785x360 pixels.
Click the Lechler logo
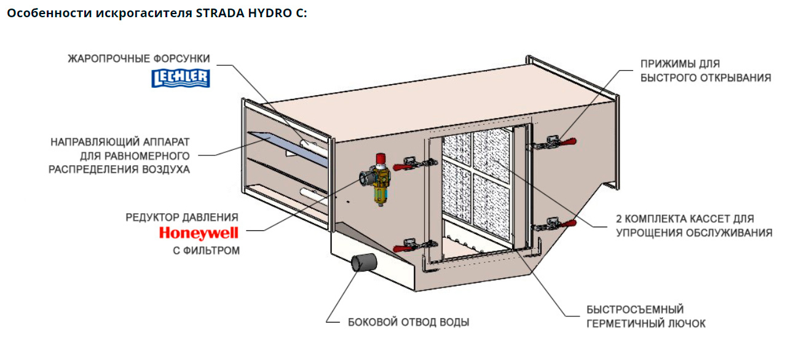[x=180, y=77]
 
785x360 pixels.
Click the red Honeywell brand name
[x=198, y=233]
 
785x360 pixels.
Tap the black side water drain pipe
[x=362, y=263]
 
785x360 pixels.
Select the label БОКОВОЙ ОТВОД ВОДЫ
[x=408, y=322]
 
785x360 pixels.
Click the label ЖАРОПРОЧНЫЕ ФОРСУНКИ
[x=139, y=59]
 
